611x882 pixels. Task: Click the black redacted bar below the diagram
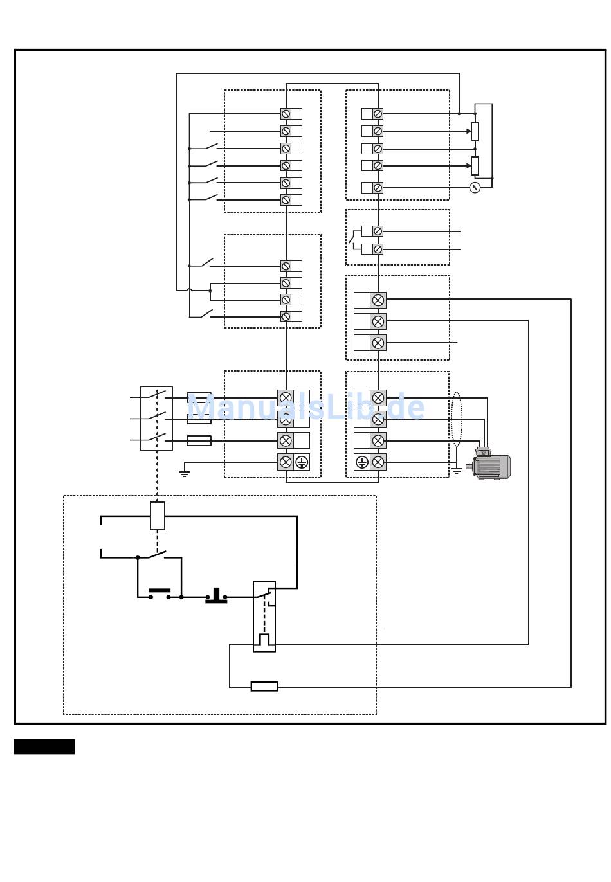coord(44,747)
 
